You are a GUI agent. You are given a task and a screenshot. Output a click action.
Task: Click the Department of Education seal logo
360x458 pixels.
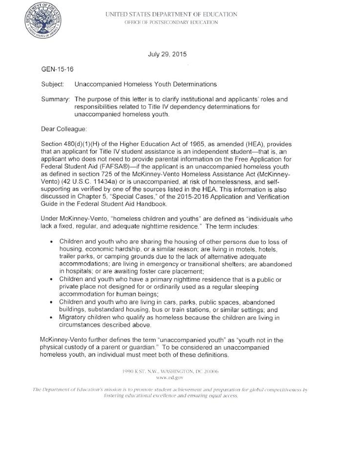point(43,20)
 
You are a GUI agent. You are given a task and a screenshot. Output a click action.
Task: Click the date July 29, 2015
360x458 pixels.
point(167,54)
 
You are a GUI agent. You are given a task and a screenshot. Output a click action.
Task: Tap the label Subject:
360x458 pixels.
point(52,84)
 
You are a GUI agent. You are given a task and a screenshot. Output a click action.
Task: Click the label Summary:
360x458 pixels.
point(55,99)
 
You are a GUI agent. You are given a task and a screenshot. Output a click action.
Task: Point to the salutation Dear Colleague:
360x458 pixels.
point(64,129)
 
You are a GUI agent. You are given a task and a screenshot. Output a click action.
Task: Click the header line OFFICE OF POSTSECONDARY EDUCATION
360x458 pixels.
point(171,22)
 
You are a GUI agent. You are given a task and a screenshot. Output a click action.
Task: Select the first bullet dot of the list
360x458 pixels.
point(51,242)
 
